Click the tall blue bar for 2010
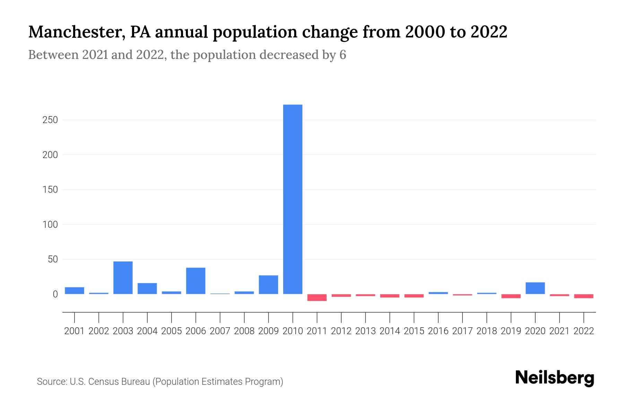pos(293,199)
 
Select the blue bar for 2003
pos(123,278)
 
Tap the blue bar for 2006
pos(196,281)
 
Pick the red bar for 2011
pos(317,297)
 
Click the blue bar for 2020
pos(535,288)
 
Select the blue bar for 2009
pos(268,285)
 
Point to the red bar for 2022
pos(583,296)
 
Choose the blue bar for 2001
pos(75,291)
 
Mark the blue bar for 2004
pos(147,288)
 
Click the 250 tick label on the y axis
pos(50,120)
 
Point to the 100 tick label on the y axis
pos(50,225)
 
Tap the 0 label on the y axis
pos(55,294)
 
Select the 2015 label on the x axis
pos(414,331)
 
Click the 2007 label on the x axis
pos(220,331)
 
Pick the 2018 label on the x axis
pos(486,331)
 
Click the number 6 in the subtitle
pos(343,55)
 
